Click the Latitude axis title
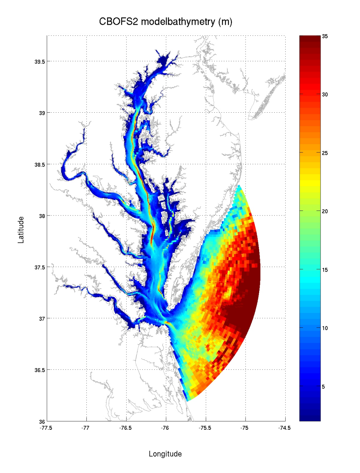pos(21,229)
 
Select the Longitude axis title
pos(165,454)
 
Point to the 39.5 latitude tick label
pos(38,61)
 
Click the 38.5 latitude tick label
pos(38,164)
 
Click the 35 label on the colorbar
pos(325,36)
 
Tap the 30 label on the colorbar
pos(325,95)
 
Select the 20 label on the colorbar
pos(325,211)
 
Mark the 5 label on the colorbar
pos(324,387)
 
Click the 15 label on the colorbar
pos(325,270)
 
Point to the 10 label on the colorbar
pos(325,328)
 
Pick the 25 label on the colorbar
pos(325,153)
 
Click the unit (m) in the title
pos(225,22)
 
